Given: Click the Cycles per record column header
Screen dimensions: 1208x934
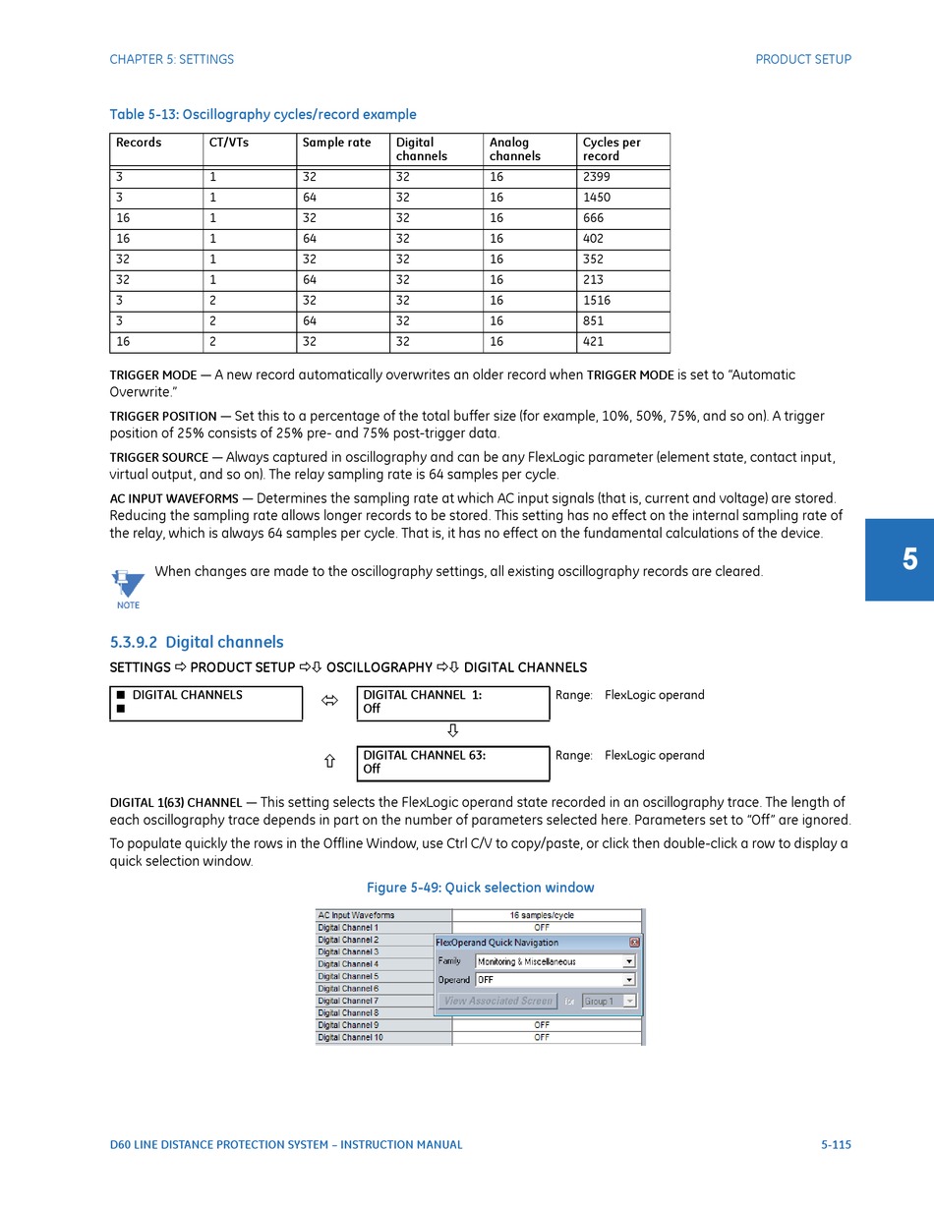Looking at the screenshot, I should pos(622,149).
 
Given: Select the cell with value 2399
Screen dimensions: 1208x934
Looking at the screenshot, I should pos(622,177).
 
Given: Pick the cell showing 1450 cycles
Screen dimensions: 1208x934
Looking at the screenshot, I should pos(622,198).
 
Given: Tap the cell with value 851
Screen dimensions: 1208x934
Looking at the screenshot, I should pos(622,321).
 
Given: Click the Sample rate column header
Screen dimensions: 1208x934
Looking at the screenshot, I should pos(342,149).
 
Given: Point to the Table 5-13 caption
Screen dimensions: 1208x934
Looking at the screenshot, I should pos(263,115).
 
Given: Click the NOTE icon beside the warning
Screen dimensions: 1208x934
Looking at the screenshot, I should pos(127,588).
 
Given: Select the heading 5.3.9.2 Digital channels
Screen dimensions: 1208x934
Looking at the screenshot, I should pos(197,643).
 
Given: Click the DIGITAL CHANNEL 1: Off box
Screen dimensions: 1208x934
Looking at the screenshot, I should pos(452,703).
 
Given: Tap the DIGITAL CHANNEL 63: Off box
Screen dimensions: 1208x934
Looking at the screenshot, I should pos(452,763).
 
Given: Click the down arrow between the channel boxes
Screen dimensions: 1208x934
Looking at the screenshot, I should pos(452,730).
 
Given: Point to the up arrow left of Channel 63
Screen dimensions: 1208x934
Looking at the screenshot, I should pos(329,762).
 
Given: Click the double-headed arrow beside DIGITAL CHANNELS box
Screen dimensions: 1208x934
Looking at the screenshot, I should pos(329,701).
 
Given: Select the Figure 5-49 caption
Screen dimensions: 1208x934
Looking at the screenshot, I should pos(480,888).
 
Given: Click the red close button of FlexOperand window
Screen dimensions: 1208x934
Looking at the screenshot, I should pos(634,943).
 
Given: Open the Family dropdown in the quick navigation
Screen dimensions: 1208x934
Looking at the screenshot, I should pos(629,962).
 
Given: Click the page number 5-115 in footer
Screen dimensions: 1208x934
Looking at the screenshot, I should pos(836,1145).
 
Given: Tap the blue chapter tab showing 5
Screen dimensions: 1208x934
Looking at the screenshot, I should pos(900,560).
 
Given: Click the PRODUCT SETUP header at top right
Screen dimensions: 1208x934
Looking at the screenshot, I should pos(803,60).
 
